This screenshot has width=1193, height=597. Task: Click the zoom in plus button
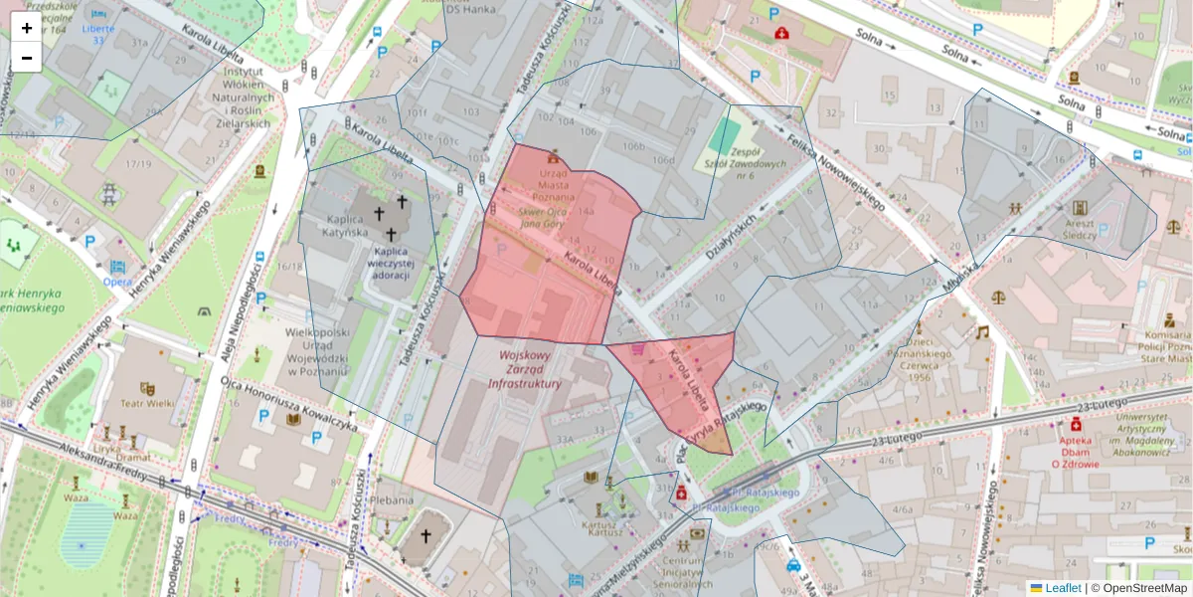[26, 28]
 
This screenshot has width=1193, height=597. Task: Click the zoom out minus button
[26, 58]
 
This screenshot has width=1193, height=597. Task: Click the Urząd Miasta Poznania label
[554, 183]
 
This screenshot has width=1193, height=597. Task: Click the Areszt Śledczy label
[1079, 230]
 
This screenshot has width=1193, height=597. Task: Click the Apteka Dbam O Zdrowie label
[1076, 450]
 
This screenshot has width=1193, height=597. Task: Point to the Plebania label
[391, 500]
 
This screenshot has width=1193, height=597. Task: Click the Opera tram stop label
[118, 282]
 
